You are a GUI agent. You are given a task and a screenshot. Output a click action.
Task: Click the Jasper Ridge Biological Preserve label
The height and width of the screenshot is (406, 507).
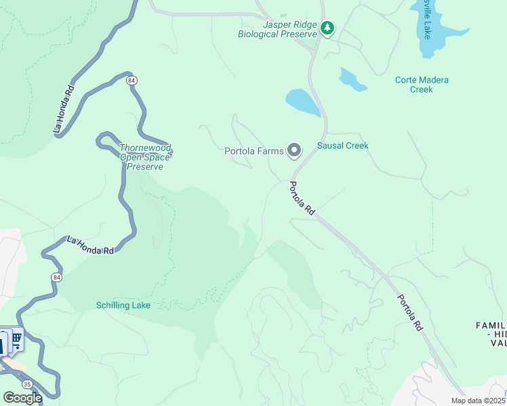pyautogui.click(x=277, y=28)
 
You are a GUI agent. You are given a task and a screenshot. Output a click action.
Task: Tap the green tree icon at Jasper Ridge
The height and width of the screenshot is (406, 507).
pyautogui.click(x=328, y=28)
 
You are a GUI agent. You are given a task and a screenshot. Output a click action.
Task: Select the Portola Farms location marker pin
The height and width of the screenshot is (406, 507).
pyautogui.click(x=294, y=150)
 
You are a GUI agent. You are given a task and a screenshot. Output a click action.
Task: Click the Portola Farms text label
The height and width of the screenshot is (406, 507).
pyautogui.click(x=254, y=151)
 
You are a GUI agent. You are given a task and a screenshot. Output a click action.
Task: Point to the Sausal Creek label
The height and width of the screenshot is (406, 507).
pyautogui.click(x=342, y=145)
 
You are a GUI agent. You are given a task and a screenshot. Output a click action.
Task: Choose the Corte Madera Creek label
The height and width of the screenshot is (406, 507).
pyautogui.click(x=422, y=85)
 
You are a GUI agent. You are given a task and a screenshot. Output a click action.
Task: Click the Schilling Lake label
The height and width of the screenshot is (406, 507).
pyautogui.click(x=123, y=305)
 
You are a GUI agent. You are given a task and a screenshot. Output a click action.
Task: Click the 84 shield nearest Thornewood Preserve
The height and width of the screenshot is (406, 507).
pyautogui.click(x=131, y=81)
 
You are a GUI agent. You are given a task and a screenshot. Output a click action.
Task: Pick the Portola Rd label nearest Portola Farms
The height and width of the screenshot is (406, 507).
pyautogui.click(x=302, y=198)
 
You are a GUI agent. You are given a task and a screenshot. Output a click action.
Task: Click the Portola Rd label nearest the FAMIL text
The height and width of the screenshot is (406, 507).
pyautogui.click(x=409, y=312)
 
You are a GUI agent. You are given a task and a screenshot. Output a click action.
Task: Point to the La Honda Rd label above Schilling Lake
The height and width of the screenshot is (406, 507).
pyautogui.click(x=90, y=245)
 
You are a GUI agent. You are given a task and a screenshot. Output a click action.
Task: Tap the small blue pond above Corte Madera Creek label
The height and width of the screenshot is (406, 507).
pyautogui.click(x=352, y=79)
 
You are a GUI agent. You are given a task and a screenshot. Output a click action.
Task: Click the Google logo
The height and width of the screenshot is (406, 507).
pyautogui.click(x=22, y=397)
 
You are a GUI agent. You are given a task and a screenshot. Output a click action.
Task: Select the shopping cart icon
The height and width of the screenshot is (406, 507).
pyautogui.click(x=16, y=338)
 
